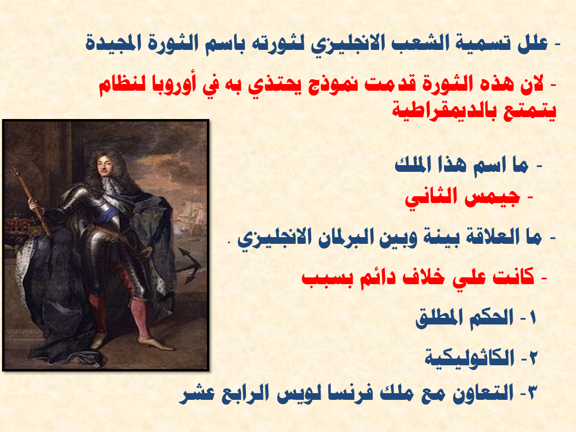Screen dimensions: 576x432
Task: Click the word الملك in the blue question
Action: coord(412,166)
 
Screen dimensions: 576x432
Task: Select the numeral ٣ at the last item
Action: coord(532,394)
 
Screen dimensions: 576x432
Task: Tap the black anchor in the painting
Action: coord(188,265)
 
